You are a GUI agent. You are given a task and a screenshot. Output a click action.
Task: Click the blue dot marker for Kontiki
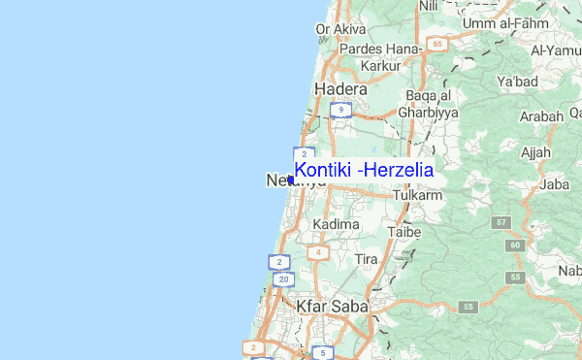(291, 180)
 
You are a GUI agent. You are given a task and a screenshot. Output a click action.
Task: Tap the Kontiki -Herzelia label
(364, 170)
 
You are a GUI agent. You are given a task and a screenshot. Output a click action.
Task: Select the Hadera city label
(341, 89)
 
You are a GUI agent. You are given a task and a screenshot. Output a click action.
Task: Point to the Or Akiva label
(336, 29)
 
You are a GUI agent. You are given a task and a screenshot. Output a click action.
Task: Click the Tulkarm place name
(418, 196)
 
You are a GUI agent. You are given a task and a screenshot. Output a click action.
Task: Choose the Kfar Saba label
(332, 307)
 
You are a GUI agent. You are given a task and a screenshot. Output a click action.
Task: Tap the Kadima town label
(336, 224)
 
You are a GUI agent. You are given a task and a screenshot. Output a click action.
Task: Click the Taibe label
(403, 233)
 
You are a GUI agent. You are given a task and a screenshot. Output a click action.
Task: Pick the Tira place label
(366, 260)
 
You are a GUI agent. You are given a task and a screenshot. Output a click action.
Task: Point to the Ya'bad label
(517, 82)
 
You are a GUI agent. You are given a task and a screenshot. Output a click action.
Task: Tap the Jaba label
(554, 183)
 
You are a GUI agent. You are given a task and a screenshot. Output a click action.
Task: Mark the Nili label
(429, 6)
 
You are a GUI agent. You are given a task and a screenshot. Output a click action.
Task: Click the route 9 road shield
(339, 111)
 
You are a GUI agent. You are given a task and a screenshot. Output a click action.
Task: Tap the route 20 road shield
(282, 279)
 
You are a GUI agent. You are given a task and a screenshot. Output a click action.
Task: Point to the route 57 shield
(501, 223)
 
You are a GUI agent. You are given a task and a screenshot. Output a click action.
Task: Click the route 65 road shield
(438, 45)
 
